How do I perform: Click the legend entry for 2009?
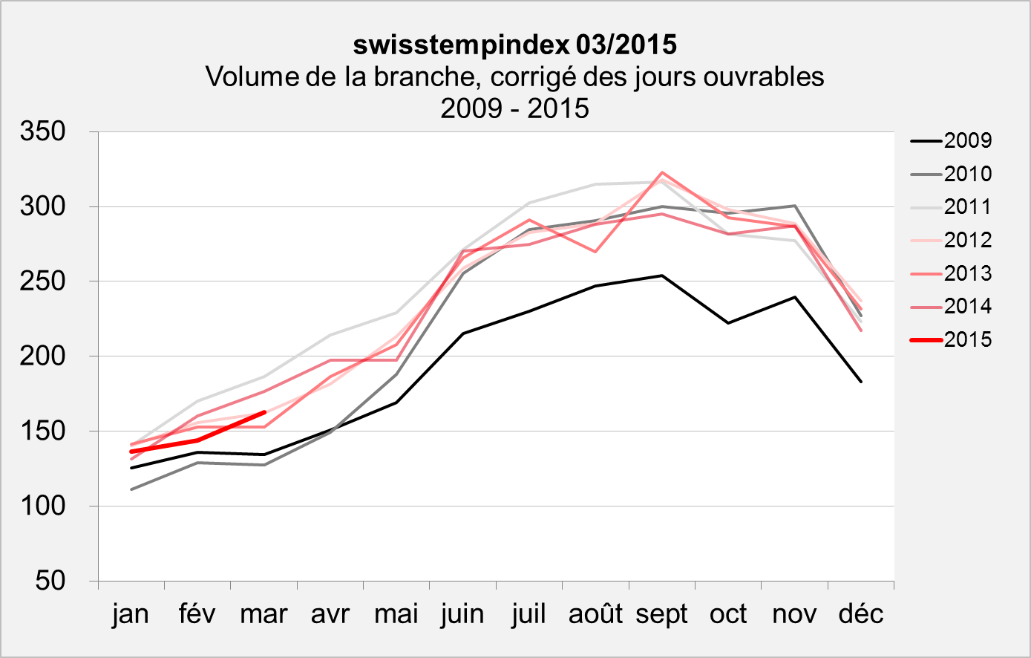[967, 141]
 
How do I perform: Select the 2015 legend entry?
[967, 340]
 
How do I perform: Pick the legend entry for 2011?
[967, 207]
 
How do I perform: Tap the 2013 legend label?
[967, 274]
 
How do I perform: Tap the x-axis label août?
[595, 615]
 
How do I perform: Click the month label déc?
[861, 615]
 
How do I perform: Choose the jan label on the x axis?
[131, 615]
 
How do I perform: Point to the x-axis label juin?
[462, 615]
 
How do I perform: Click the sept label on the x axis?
[661, 615]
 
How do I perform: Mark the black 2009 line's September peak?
[661, 276]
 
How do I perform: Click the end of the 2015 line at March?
[264, 412]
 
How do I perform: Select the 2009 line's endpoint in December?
[861, 382]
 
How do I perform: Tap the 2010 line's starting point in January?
[131, 489]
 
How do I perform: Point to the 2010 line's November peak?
[794, 206]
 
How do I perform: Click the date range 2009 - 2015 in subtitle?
[514, 108]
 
